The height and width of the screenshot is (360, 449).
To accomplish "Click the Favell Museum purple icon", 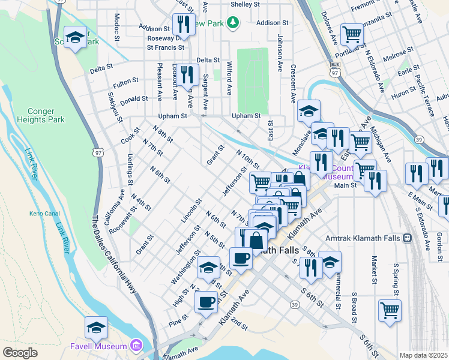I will pos(137,346).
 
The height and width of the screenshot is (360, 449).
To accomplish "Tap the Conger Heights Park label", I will pos(46,115).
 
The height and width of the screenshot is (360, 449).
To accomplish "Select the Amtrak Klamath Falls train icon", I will pos(407,238).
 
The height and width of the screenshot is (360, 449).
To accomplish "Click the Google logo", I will pos(20,353).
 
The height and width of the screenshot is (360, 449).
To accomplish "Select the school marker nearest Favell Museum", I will pos(96,328).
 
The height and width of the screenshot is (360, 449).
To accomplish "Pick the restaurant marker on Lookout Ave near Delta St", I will pos(188,74).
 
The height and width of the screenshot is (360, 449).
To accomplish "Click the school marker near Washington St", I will pos(208,267).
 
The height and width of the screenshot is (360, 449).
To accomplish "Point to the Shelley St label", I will pos(245,4).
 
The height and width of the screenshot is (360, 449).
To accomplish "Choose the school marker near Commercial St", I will pos(330,262).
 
